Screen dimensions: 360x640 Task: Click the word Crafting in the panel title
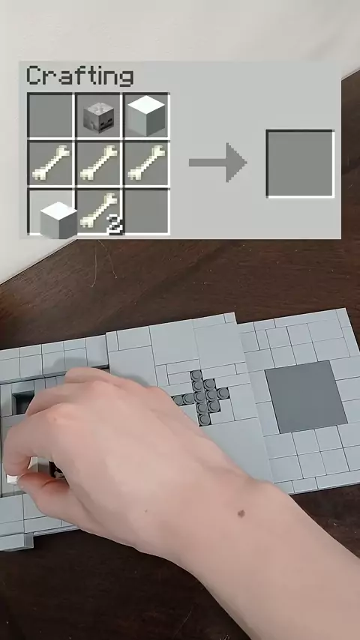tap(80, 76)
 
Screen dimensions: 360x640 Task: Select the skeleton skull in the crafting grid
tap(98, 117)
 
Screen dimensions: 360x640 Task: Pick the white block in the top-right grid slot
tap(146, 115)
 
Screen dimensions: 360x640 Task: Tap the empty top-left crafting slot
tap(50, 115)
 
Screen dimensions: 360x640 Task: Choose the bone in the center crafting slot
tap(99, 163)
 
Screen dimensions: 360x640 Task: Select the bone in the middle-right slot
tap(147, 163)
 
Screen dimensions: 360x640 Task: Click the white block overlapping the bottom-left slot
tap(58, 220)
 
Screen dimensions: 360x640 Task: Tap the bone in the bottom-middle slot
tap(98, 210)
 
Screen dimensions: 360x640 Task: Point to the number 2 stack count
tap(115, 225)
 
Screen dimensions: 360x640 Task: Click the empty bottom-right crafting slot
tap(147, 211)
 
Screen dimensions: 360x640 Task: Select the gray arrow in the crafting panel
tap(217, 163)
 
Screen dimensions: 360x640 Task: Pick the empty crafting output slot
tap(300, 163)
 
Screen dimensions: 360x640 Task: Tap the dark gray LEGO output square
tap(306, 396)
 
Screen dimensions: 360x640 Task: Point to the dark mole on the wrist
tap(241, 513)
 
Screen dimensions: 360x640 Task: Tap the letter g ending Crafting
tap(126, 79)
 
